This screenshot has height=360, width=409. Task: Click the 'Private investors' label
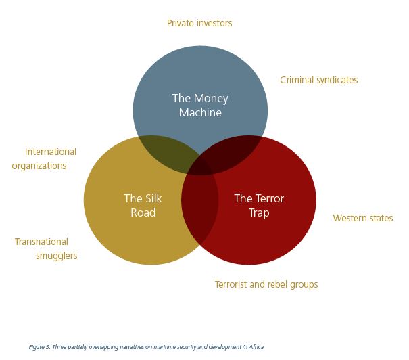(199, 23)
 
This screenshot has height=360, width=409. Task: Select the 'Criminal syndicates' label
(319, 80)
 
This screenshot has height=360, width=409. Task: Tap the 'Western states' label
(363, 218)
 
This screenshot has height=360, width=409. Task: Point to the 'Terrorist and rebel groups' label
(266, 284)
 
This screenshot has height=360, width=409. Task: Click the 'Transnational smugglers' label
(46, 248)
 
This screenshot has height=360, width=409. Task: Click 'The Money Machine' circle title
(200, 106)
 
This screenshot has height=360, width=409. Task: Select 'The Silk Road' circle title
(143, 205)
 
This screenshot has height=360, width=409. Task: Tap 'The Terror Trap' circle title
(259, 205)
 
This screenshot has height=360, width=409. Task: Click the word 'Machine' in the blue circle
(200, 113)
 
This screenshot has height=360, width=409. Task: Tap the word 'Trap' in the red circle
(259, 212)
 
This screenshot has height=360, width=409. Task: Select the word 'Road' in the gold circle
(143, 212)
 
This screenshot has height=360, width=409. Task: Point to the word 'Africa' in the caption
(256, 347)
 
